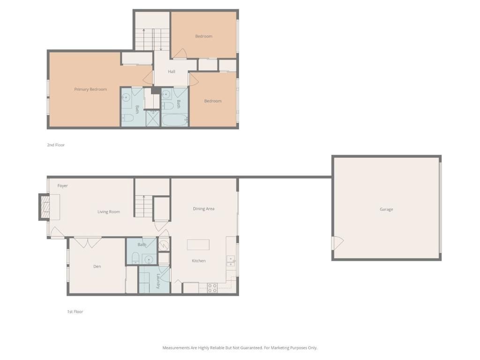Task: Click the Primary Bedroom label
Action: coord(90,90)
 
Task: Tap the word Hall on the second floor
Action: coord(172,72)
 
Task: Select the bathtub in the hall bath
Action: coord(175,119)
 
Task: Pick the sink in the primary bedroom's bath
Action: coord(126,98)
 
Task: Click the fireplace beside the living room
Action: coord(45,207)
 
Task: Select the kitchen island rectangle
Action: coord(198,245)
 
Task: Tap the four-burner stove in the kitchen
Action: coord(212,288)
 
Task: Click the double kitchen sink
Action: coord(231,261)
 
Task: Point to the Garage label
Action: coord(386,210)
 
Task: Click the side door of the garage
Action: coord(337,243)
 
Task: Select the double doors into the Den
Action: coord(88,242)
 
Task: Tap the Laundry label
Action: coord(158,281)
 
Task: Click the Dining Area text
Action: coord(203,209)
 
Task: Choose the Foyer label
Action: coord(62,186)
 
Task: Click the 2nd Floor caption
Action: coord(56,145)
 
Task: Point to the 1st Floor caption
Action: coord(75,312)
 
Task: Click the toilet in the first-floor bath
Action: coord(135,257)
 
